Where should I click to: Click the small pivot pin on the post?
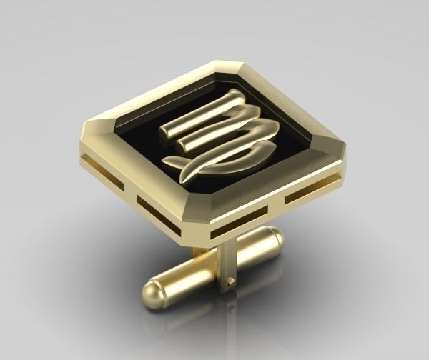click(x=232, y=283)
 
